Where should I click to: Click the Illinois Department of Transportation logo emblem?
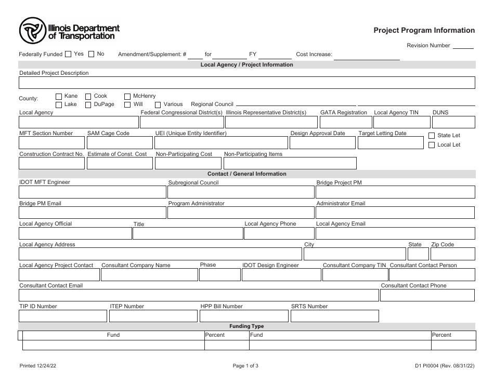[x=33, y=31]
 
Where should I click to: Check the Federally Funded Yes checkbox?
[x=68, y=54]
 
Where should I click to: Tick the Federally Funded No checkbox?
[x=92, y=54]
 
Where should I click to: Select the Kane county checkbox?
[x=59, y=96]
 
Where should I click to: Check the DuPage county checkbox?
[x=88, y=104]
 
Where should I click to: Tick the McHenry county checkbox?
[x=127, y=96]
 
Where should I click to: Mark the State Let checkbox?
[x=431, y=136]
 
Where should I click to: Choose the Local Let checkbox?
[x=431, y=145]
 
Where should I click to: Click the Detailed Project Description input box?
[x=247, y=83]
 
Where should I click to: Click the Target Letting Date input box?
[x=391, y=143]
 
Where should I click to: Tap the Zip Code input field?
[x=452, y=254]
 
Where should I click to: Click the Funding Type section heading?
[x=247, y=326]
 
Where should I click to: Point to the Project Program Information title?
[x=424, y=31]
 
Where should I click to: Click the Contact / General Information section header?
[x=247, y=174]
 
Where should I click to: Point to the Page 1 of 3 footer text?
[x=245, y=366]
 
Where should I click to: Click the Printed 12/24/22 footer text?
[x=38, y=366]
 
